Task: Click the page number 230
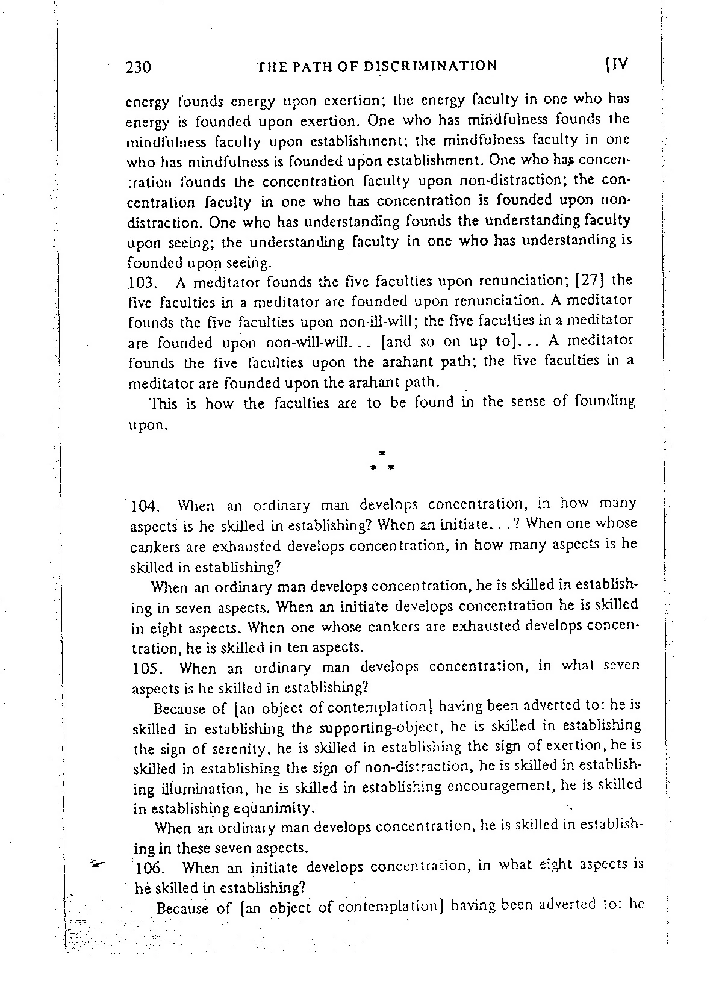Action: [138, 67]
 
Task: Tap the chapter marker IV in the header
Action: [616, 64]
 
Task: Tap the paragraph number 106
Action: [148, 868]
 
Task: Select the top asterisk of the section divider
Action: [382, 451]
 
